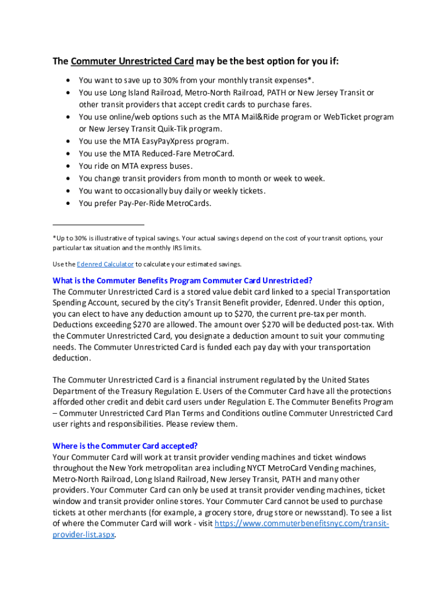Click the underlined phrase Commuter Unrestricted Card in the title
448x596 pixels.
click(x=133, y=62)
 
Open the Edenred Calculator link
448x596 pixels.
click(x=105, y=264)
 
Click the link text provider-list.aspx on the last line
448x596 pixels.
click(x=84, y=534)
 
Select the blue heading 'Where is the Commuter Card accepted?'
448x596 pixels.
click(x=125, y=446)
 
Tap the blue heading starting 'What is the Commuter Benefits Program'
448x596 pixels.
click(x=183, y=281)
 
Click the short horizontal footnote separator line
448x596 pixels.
click(x=98, y=224)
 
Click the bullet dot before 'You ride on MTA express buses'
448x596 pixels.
click(x=69, y=166)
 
